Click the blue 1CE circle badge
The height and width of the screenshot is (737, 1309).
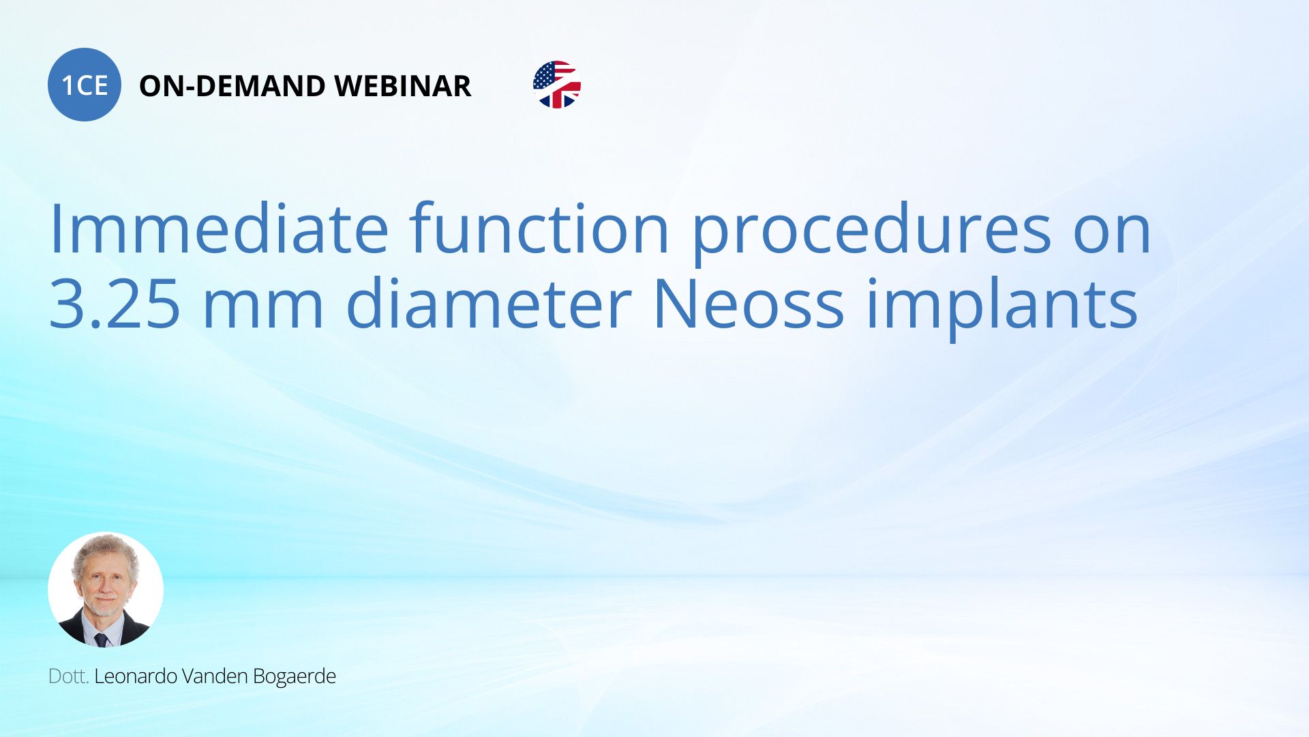coord(85,85)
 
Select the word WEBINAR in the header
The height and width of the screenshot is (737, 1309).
coord(403,86)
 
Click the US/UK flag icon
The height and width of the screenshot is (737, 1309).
coord(557,85)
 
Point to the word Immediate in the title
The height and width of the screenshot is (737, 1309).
coord(219,229)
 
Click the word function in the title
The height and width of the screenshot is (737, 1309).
coord(539,229)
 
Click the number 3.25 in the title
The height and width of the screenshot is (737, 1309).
coord(115,304)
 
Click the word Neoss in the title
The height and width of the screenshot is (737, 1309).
coord(748,304)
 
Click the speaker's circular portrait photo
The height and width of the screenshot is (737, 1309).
coord(106,590)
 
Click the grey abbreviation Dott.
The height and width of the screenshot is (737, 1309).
coord(68,676)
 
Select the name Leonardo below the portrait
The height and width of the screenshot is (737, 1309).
coord(136,676)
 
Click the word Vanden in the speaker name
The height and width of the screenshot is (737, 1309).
coord(215,676)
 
